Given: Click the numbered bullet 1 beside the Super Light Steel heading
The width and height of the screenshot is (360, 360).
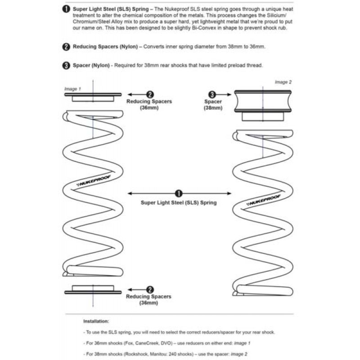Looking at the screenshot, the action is point(66,9).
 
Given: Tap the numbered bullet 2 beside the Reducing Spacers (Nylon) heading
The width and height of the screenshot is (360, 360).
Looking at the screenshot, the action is point(66,47).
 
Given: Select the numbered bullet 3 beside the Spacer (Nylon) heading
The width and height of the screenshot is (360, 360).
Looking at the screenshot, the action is point(66,65).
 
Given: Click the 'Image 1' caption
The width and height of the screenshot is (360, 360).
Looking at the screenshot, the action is point(72,89).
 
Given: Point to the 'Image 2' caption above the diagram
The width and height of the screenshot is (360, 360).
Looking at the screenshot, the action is point(283,82).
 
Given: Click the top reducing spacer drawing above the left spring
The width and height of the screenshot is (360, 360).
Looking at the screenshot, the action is point(93,97).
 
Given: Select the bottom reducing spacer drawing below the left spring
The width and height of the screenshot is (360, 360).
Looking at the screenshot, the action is point(93,289).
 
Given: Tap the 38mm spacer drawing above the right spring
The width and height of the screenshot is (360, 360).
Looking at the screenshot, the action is point(263,105).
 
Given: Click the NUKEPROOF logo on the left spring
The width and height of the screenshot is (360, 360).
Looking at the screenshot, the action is point(94,181).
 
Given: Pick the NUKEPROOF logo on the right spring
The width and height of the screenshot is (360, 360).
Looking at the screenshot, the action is point(263,200).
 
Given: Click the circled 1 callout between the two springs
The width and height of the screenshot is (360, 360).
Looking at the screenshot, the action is point(179,193).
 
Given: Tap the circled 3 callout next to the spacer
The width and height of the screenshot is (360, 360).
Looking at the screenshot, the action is point(212,94).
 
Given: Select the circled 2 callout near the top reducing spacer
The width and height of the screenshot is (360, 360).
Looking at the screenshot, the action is point(150,94).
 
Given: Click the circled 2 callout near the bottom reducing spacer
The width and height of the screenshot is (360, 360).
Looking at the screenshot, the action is point(150,290).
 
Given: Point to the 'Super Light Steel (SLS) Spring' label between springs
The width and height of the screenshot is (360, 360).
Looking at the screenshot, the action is point(179,203).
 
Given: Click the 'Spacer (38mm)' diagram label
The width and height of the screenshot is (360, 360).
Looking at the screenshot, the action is point(213,105).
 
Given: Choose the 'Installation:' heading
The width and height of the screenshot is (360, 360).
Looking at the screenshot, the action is point(96,321).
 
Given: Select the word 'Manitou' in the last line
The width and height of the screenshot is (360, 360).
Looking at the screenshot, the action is point(158,354).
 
